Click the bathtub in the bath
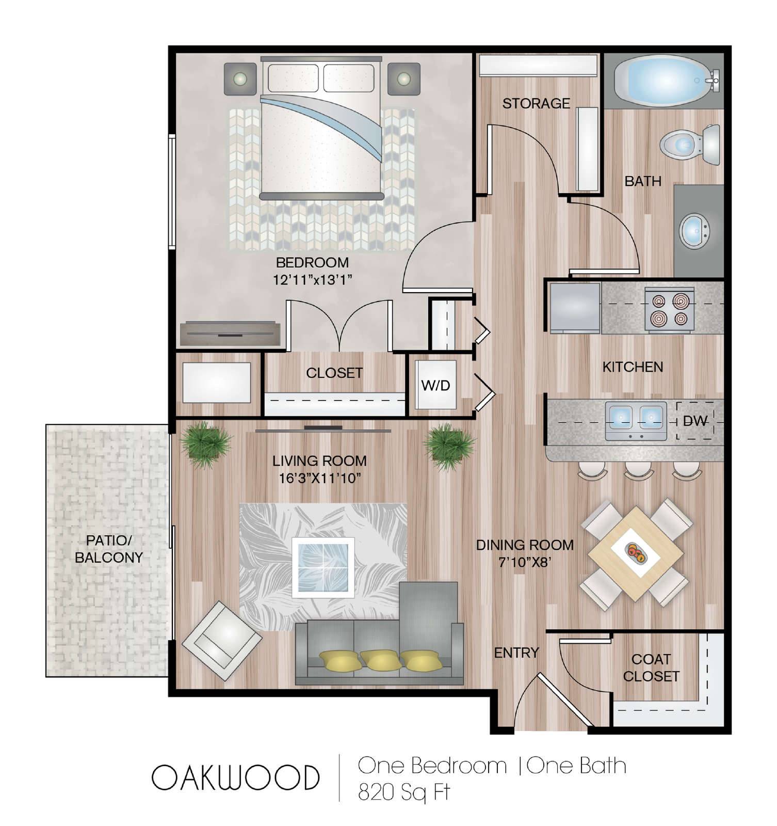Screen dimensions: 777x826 (662, 81)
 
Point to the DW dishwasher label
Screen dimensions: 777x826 (694, 421)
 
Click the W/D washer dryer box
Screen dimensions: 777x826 (436, 385)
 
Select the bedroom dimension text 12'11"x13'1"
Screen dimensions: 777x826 (313, 280)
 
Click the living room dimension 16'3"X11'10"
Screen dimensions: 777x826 (319, 478)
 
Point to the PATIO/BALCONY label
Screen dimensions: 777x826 (109, 549)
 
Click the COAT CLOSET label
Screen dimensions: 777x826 (651, 668)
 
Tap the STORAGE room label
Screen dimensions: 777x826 (536, 103)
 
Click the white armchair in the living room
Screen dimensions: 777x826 (222, 640)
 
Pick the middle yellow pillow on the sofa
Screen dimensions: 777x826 (380, 659)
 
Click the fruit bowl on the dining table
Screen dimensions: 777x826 (636, 552)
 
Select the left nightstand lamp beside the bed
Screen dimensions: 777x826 (240, 79)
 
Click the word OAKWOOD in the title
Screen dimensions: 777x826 (235, 777)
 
